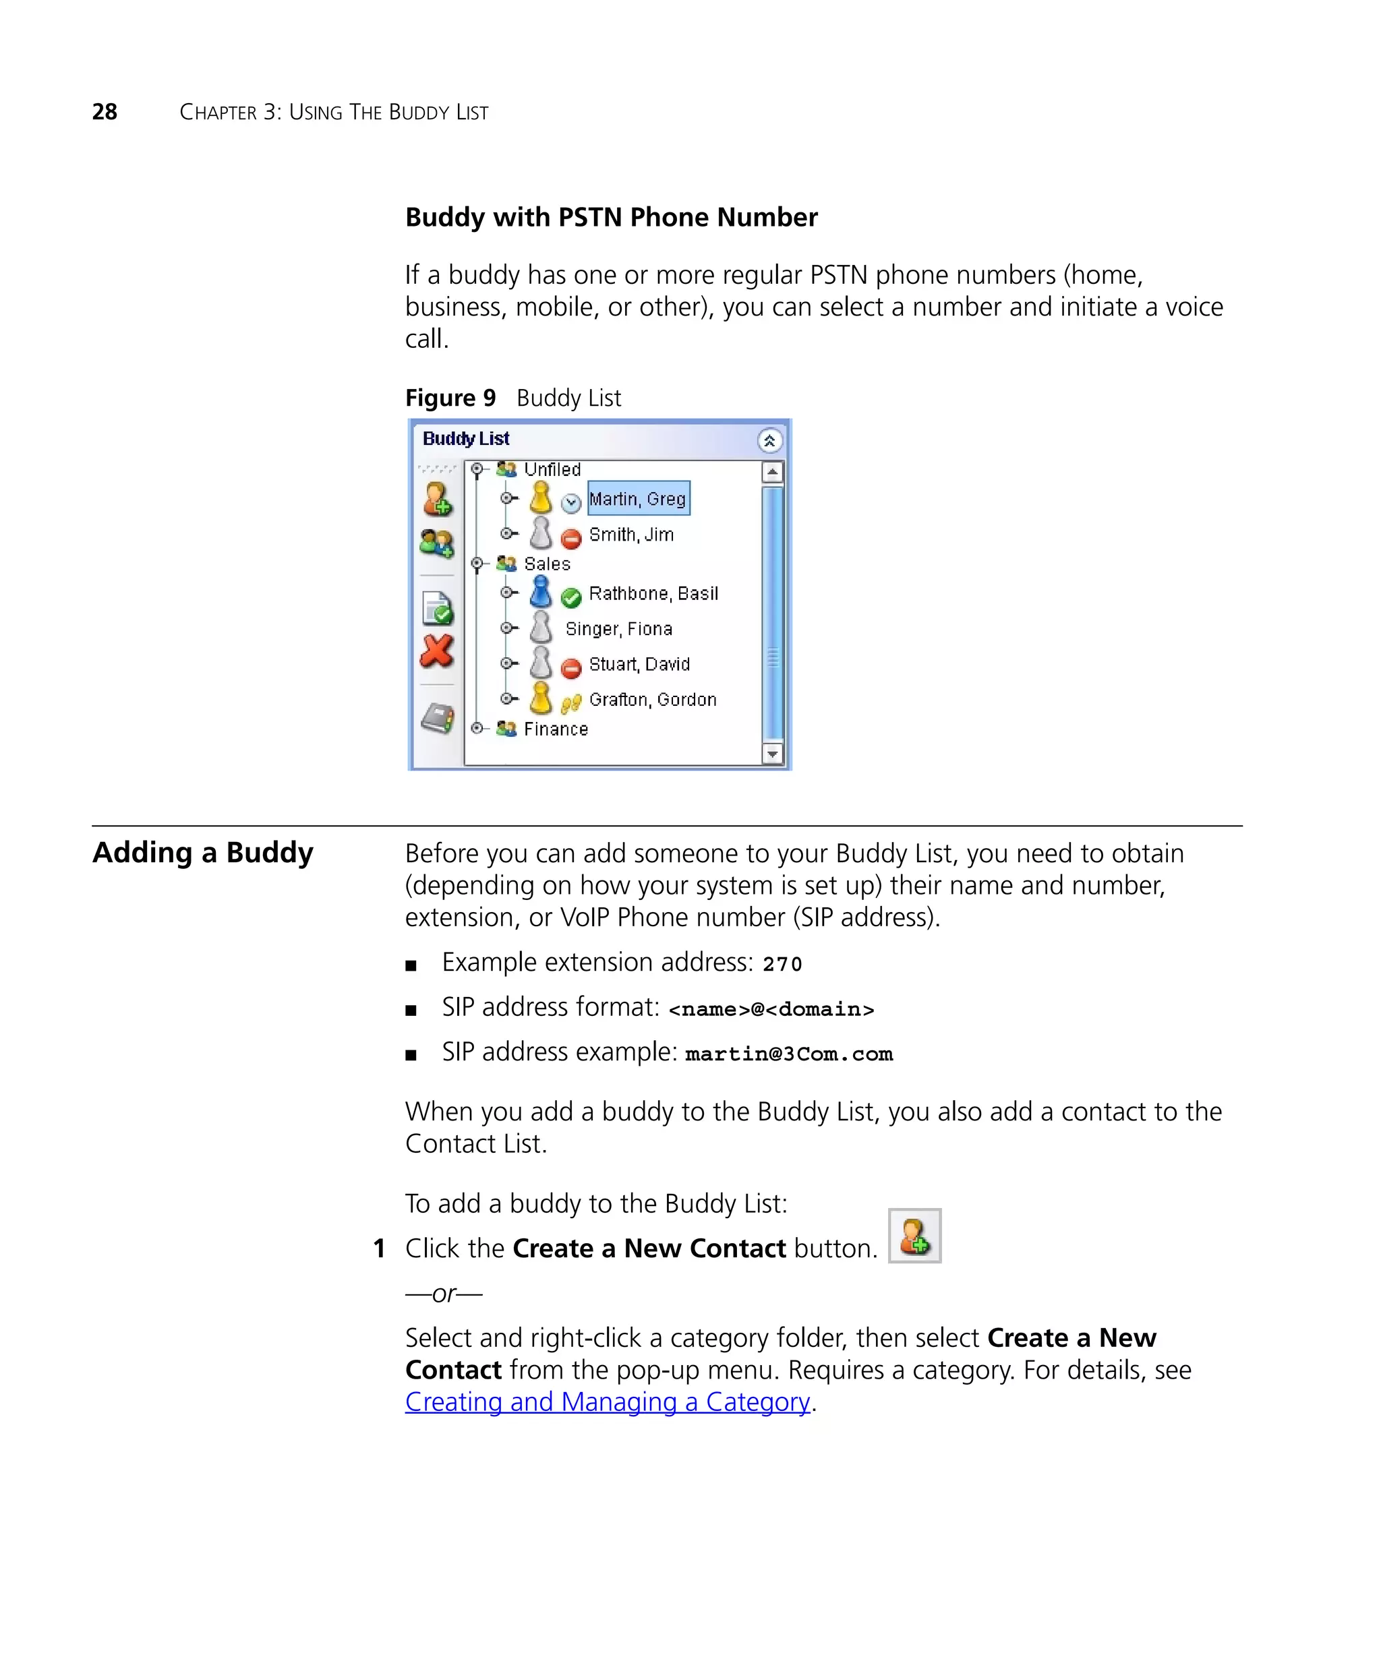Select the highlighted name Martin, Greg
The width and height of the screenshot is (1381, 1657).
click(x=638, y=499)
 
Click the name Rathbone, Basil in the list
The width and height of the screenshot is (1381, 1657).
click(x=653, y=593)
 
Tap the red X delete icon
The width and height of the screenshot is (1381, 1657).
click(x=436, y=652)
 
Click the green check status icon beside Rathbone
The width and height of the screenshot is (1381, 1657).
click(x=570, y=598)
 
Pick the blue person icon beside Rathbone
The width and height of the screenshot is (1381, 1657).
click(x=541, y=592)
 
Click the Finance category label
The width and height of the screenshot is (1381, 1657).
click(x=556, y=729)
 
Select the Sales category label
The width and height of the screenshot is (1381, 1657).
click(x=546, y=564)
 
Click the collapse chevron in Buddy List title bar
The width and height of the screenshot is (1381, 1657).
click(x=769, y=440)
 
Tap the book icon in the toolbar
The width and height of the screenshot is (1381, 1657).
click(x=437, y=718)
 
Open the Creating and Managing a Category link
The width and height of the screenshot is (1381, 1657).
click(x=607, y=1402)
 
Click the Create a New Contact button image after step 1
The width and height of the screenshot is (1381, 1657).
click(x=914, y=1236)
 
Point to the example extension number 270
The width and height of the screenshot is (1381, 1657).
click(x=782, y=964)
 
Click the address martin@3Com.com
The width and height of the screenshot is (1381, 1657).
click(x=788, y=1054)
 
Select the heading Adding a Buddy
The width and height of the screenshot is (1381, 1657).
click(x=203, y=852)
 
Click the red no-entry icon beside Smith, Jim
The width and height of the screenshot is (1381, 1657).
click(x=570, y=539)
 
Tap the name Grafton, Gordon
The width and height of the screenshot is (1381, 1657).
click(x=652, y=700)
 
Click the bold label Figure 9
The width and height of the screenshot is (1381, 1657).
click(x=450, y=398)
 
